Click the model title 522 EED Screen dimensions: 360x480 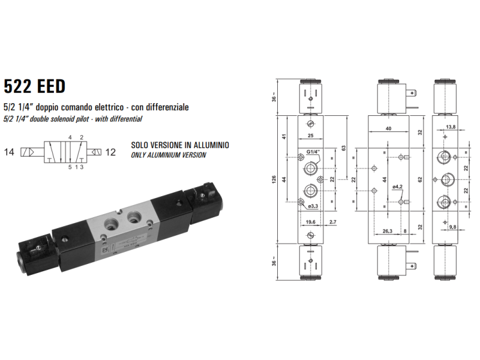[34, 86]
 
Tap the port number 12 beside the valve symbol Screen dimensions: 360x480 [110, 152]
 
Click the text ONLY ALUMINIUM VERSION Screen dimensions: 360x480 [169, 155]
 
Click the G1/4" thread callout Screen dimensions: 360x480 [313, 152]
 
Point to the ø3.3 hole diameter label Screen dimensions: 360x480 [313, 207]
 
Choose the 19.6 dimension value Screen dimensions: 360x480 [310, 222]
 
